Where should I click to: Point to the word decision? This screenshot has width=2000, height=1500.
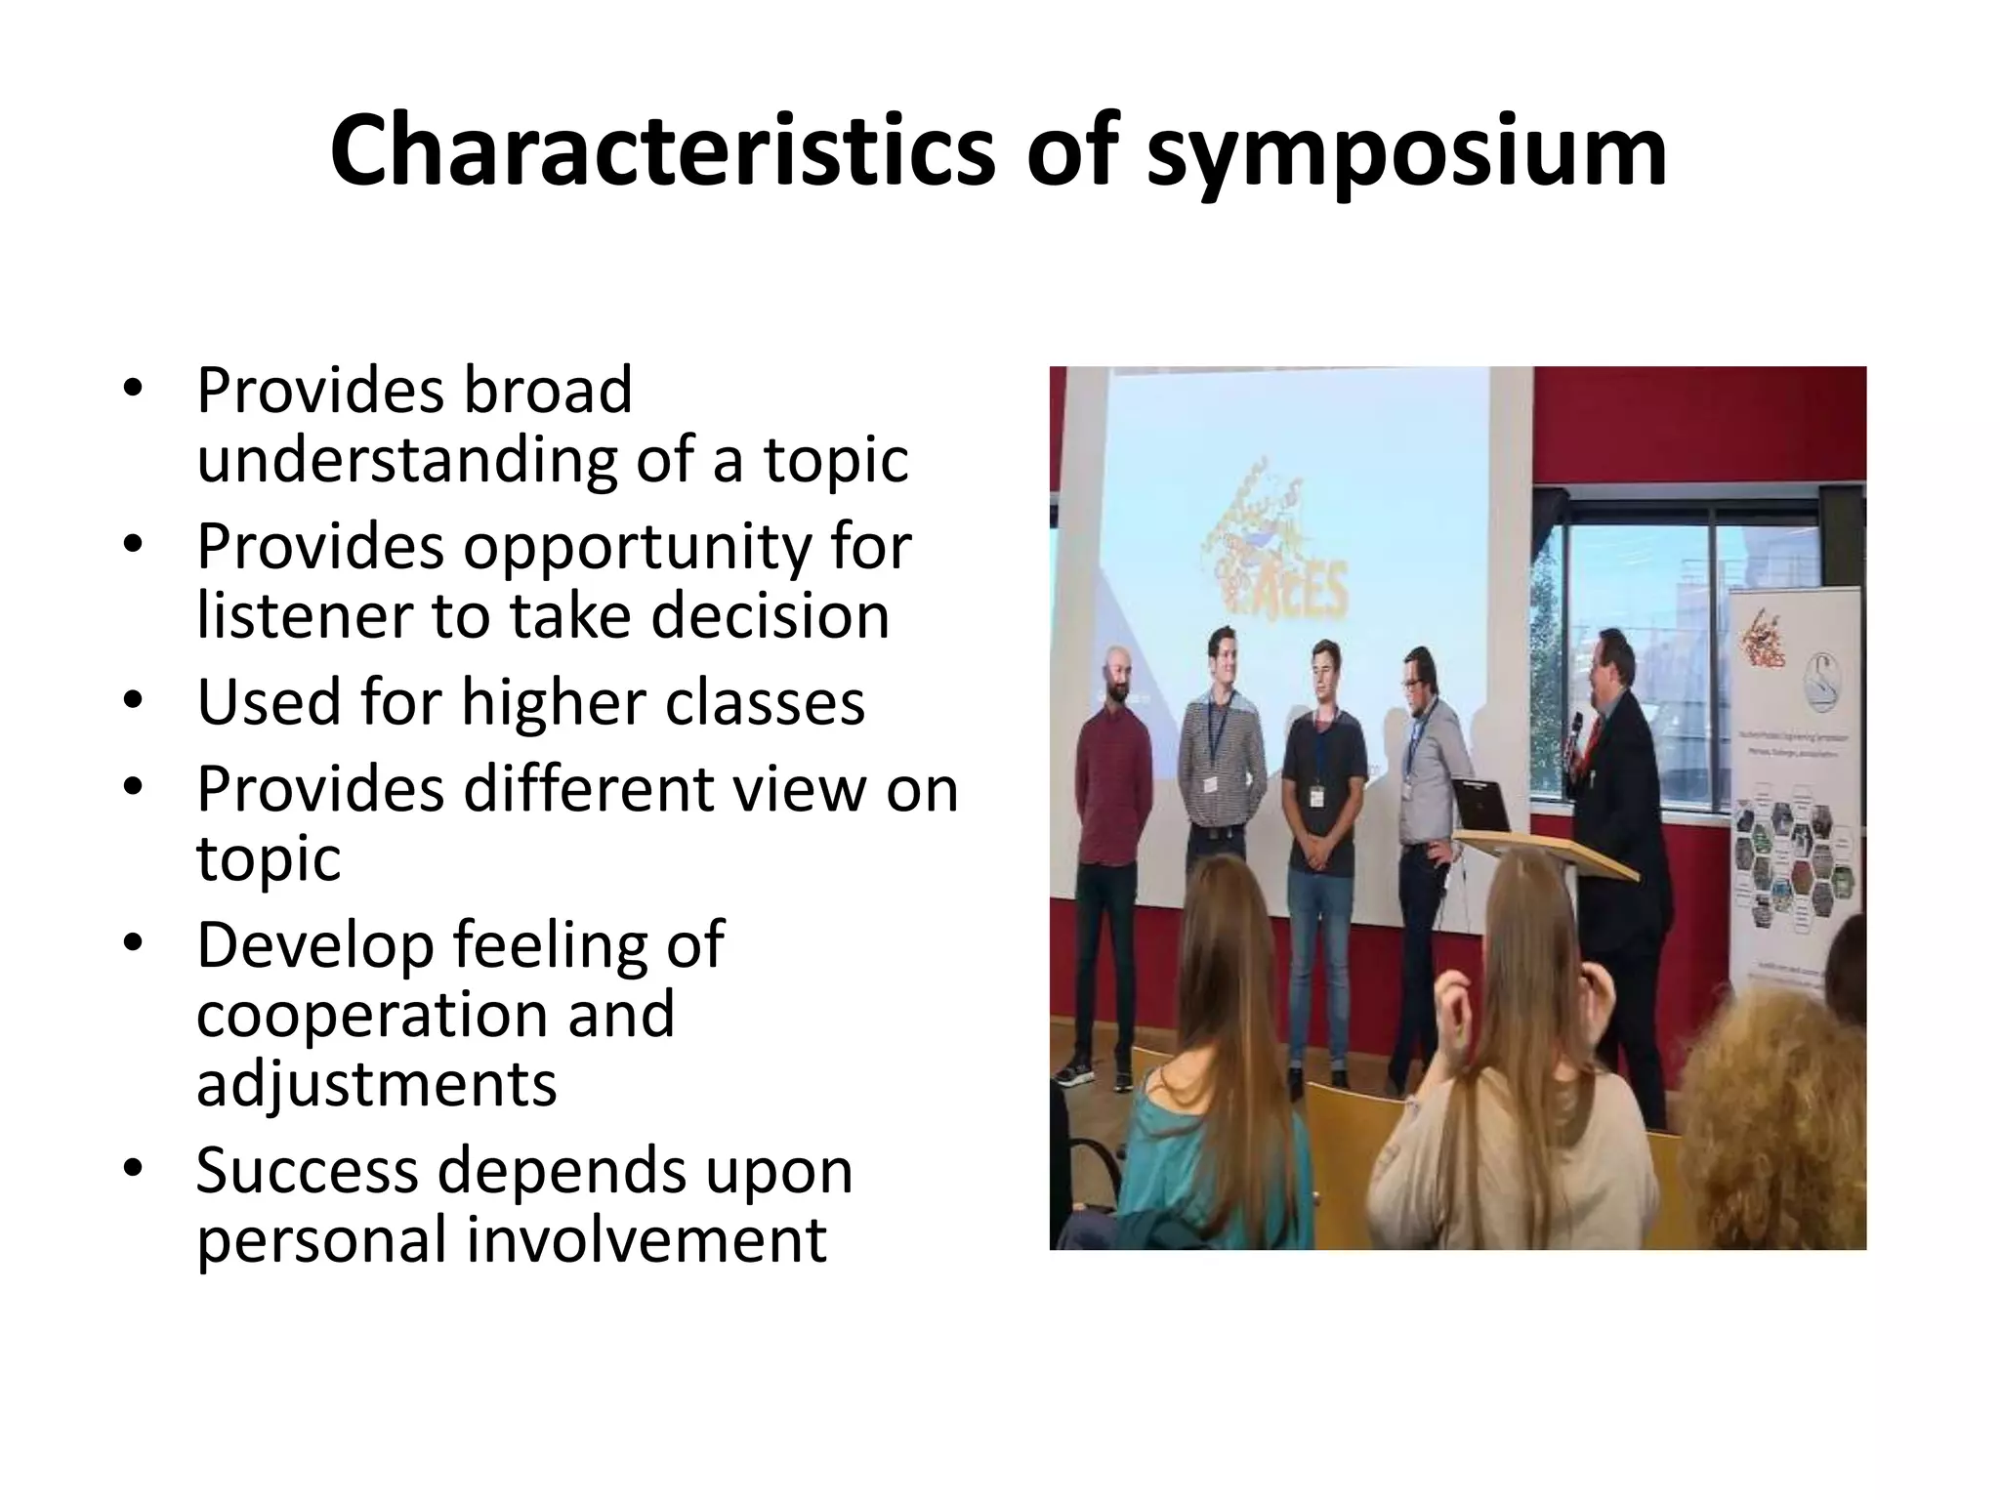click(x=771, y=616)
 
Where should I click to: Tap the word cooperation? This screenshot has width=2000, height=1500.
click(x=372, y=1015)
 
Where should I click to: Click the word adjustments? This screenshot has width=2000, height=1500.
click(x=376, y=1084)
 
